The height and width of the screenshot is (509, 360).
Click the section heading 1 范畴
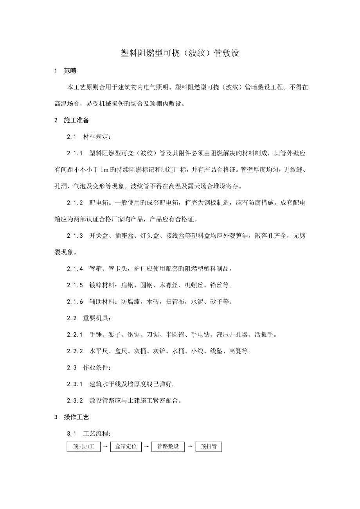[x=66, y=71]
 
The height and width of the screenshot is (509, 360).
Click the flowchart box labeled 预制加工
[x=83, y=446]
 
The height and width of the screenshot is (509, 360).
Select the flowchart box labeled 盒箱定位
[x=126, y=446]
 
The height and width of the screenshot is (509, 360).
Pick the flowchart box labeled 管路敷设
[x=168, y=446]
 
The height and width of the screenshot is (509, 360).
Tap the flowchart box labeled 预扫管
[x=209, y=446]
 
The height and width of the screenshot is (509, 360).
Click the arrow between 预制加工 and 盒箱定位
[x=105, y=446]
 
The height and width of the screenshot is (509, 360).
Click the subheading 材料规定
[x=97, y=136]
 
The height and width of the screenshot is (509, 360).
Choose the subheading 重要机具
[x=97, y=318]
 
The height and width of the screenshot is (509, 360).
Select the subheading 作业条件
[x=97, y=367]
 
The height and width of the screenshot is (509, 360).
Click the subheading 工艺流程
[x=97, y=434]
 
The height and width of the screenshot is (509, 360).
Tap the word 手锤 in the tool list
[x=95, y=335]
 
